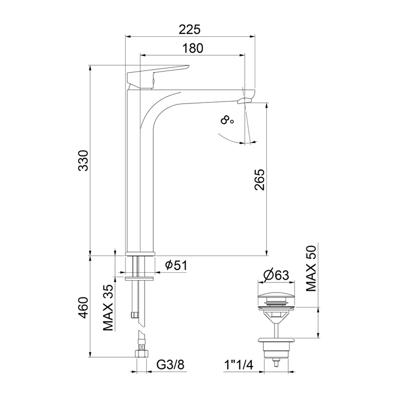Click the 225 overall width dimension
190,29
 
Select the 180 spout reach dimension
193,48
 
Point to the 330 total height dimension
83,161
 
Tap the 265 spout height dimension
260,180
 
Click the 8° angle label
227,120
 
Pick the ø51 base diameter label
176,266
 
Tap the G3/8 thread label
170,365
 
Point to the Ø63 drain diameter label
276,275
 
